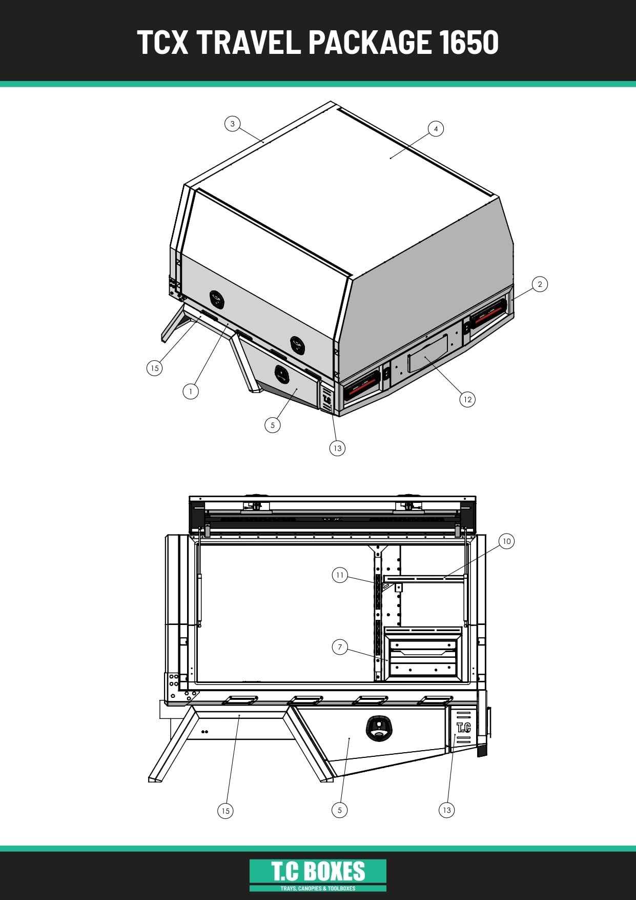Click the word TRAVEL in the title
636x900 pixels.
248,42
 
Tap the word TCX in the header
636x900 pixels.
163,42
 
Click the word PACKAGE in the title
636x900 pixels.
370,42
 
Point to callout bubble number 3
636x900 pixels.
233,124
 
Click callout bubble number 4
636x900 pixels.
436,129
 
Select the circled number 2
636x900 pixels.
540,284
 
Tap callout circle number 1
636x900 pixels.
191,392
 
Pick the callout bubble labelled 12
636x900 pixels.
467,400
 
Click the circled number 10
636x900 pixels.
506,541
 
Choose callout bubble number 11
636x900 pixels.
340,575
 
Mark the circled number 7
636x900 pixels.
340,647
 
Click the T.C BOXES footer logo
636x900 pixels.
318,875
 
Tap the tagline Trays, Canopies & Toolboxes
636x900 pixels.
318,888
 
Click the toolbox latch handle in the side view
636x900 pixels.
378,728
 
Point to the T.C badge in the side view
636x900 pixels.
463,728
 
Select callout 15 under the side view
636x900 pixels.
225,811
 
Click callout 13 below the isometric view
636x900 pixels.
337,448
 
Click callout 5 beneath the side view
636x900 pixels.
339,810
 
